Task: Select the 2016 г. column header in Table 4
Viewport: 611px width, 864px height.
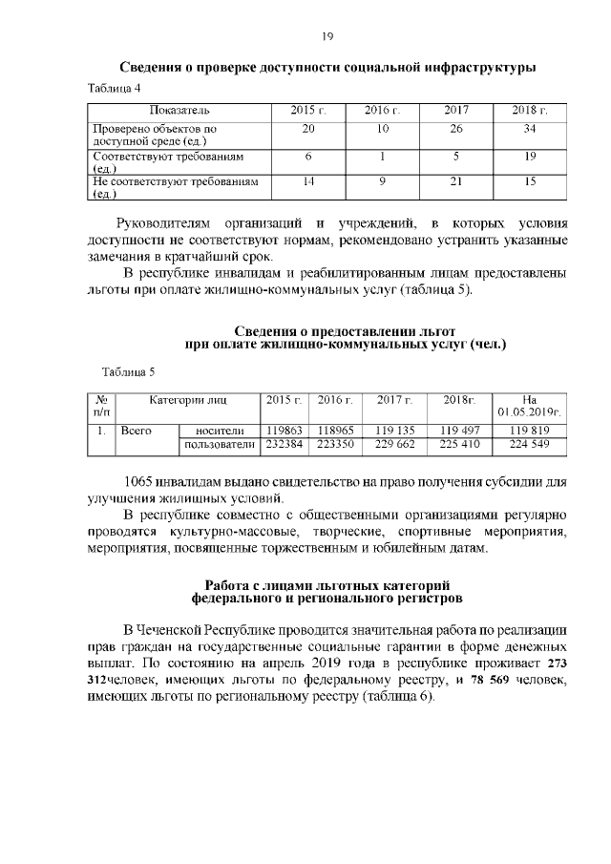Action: click(382, 112)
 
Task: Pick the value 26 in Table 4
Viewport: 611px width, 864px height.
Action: click(456, 128)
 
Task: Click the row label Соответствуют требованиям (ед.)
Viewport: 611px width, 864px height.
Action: click(168, 160)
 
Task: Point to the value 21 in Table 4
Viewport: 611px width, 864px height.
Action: click(456, 180)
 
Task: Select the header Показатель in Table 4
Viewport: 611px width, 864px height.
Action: click(179, 112)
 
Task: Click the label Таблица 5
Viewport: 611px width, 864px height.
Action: click(127, 371)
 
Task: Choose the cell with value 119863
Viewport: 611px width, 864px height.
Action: click(284, 431)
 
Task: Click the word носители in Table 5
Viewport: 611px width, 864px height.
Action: click(220, 431)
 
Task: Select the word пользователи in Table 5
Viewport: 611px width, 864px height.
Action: click(220, 444)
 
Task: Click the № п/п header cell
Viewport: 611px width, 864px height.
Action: click(100, 405)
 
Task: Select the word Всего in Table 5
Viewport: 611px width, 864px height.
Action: click(137, 431)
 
